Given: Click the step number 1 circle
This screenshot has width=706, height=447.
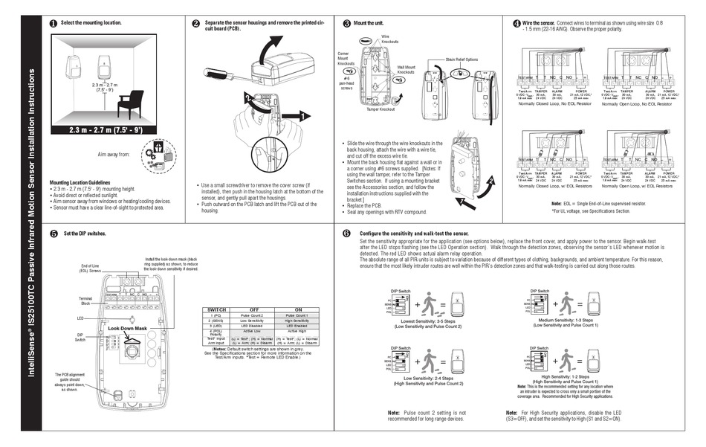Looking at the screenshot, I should (53, 24).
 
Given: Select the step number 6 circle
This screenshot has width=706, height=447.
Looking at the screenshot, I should (346, 234).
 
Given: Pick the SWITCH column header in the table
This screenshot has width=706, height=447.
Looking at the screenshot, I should (223, 309).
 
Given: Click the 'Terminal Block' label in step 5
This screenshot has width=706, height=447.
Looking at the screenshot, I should (85, 300).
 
